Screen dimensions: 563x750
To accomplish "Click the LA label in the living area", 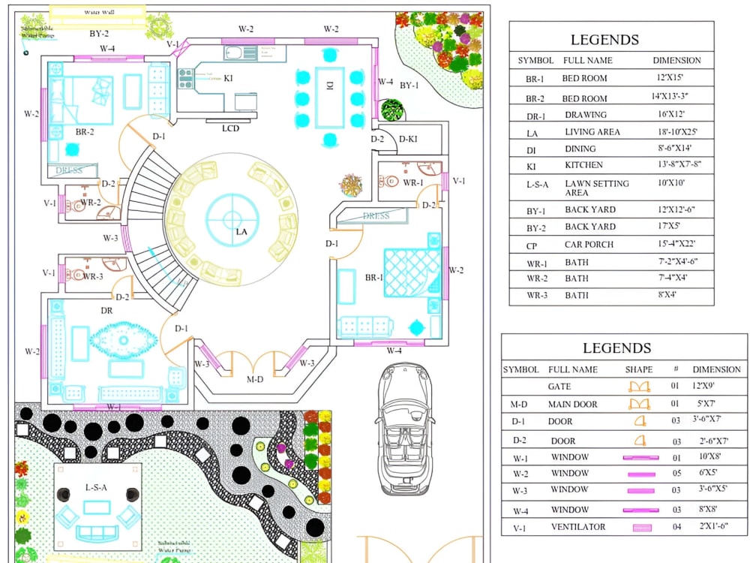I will pos(241,232).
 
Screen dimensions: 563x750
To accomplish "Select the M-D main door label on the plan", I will pos(255,380).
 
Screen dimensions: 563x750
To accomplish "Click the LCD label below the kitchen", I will pos(230,128).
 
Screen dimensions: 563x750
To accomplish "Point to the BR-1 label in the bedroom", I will pos(374,278).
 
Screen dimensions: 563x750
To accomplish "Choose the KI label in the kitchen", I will pos(227,78).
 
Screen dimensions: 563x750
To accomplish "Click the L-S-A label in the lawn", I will pos(96,488).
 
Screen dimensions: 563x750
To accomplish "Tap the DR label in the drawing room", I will pos(106,310).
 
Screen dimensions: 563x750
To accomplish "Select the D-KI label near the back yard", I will pos(408,139).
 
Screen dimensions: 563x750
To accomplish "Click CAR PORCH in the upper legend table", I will pos(589,245).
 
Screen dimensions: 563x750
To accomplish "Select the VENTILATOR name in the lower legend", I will pos(578,527).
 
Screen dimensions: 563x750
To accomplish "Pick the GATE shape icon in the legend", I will pos(638,387).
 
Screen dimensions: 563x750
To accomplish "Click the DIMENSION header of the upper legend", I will pos(676,60).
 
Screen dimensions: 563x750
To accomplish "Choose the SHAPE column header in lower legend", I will pos(638,369).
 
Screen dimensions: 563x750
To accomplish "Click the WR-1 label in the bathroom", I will pos(413,182).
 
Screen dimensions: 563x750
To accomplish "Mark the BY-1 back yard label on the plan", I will pos(409,86).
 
